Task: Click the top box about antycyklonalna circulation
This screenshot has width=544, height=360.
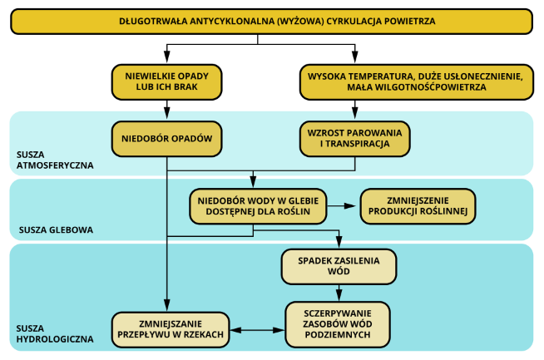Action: click(x=272, y=22)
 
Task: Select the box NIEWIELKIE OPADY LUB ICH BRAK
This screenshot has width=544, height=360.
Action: click(x=166, y=81)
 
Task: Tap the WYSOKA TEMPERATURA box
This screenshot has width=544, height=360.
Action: click(x=417, y=81)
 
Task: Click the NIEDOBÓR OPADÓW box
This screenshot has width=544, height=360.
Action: click(x=166, y=139)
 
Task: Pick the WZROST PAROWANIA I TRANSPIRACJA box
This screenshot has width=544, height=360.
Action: click(x=355, y=139)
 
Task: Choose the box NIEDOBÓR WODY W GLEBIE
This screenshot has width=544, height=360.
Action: click(x=258, y=206)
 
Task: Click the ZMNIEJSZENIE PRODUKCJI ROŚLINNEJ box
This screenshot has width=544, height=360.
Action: click(x=418, y=206)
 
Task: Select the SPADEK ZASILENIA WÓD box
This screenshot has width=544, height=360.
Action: click(x=339, y=266)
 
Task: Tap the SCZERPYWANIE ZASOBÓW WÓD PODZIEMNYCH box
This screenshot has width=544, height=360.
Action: click(x=338, y=324)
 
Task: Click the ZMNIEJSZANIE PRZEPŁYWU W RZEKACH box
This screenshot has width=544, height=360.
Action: click(x=171, y=330)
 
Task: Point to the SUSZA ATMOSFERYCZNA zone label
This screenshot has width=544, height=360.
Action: click(x=55, y=160)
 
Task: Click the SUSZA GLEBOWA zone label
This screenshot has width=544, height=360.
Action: click(x=57, y=230)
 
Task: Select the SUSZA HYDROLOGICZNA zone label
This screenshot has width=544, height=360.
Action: click(x=55, y=333)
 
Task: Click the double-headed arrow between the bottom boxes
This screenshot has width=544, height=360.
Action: click(x=257, y=330)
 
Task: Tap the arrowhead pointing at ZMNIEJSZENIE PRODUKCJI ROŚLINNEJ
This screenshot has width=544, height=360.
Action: click(x=349, y=206)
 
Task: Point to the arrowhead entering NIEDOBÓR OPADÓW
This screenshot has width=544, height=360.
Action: click(x=167, y=113)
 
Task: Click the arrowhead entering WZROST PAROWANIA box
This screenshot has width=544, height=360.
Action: click(x=355, y=113)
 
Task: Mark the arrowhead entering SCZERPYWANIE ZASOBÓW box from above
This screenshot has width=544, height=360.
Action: click(x=339, y=294)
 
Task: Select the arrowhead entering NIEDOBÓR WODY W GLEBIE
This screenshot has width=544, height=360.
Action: click(x=253, y=181)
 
